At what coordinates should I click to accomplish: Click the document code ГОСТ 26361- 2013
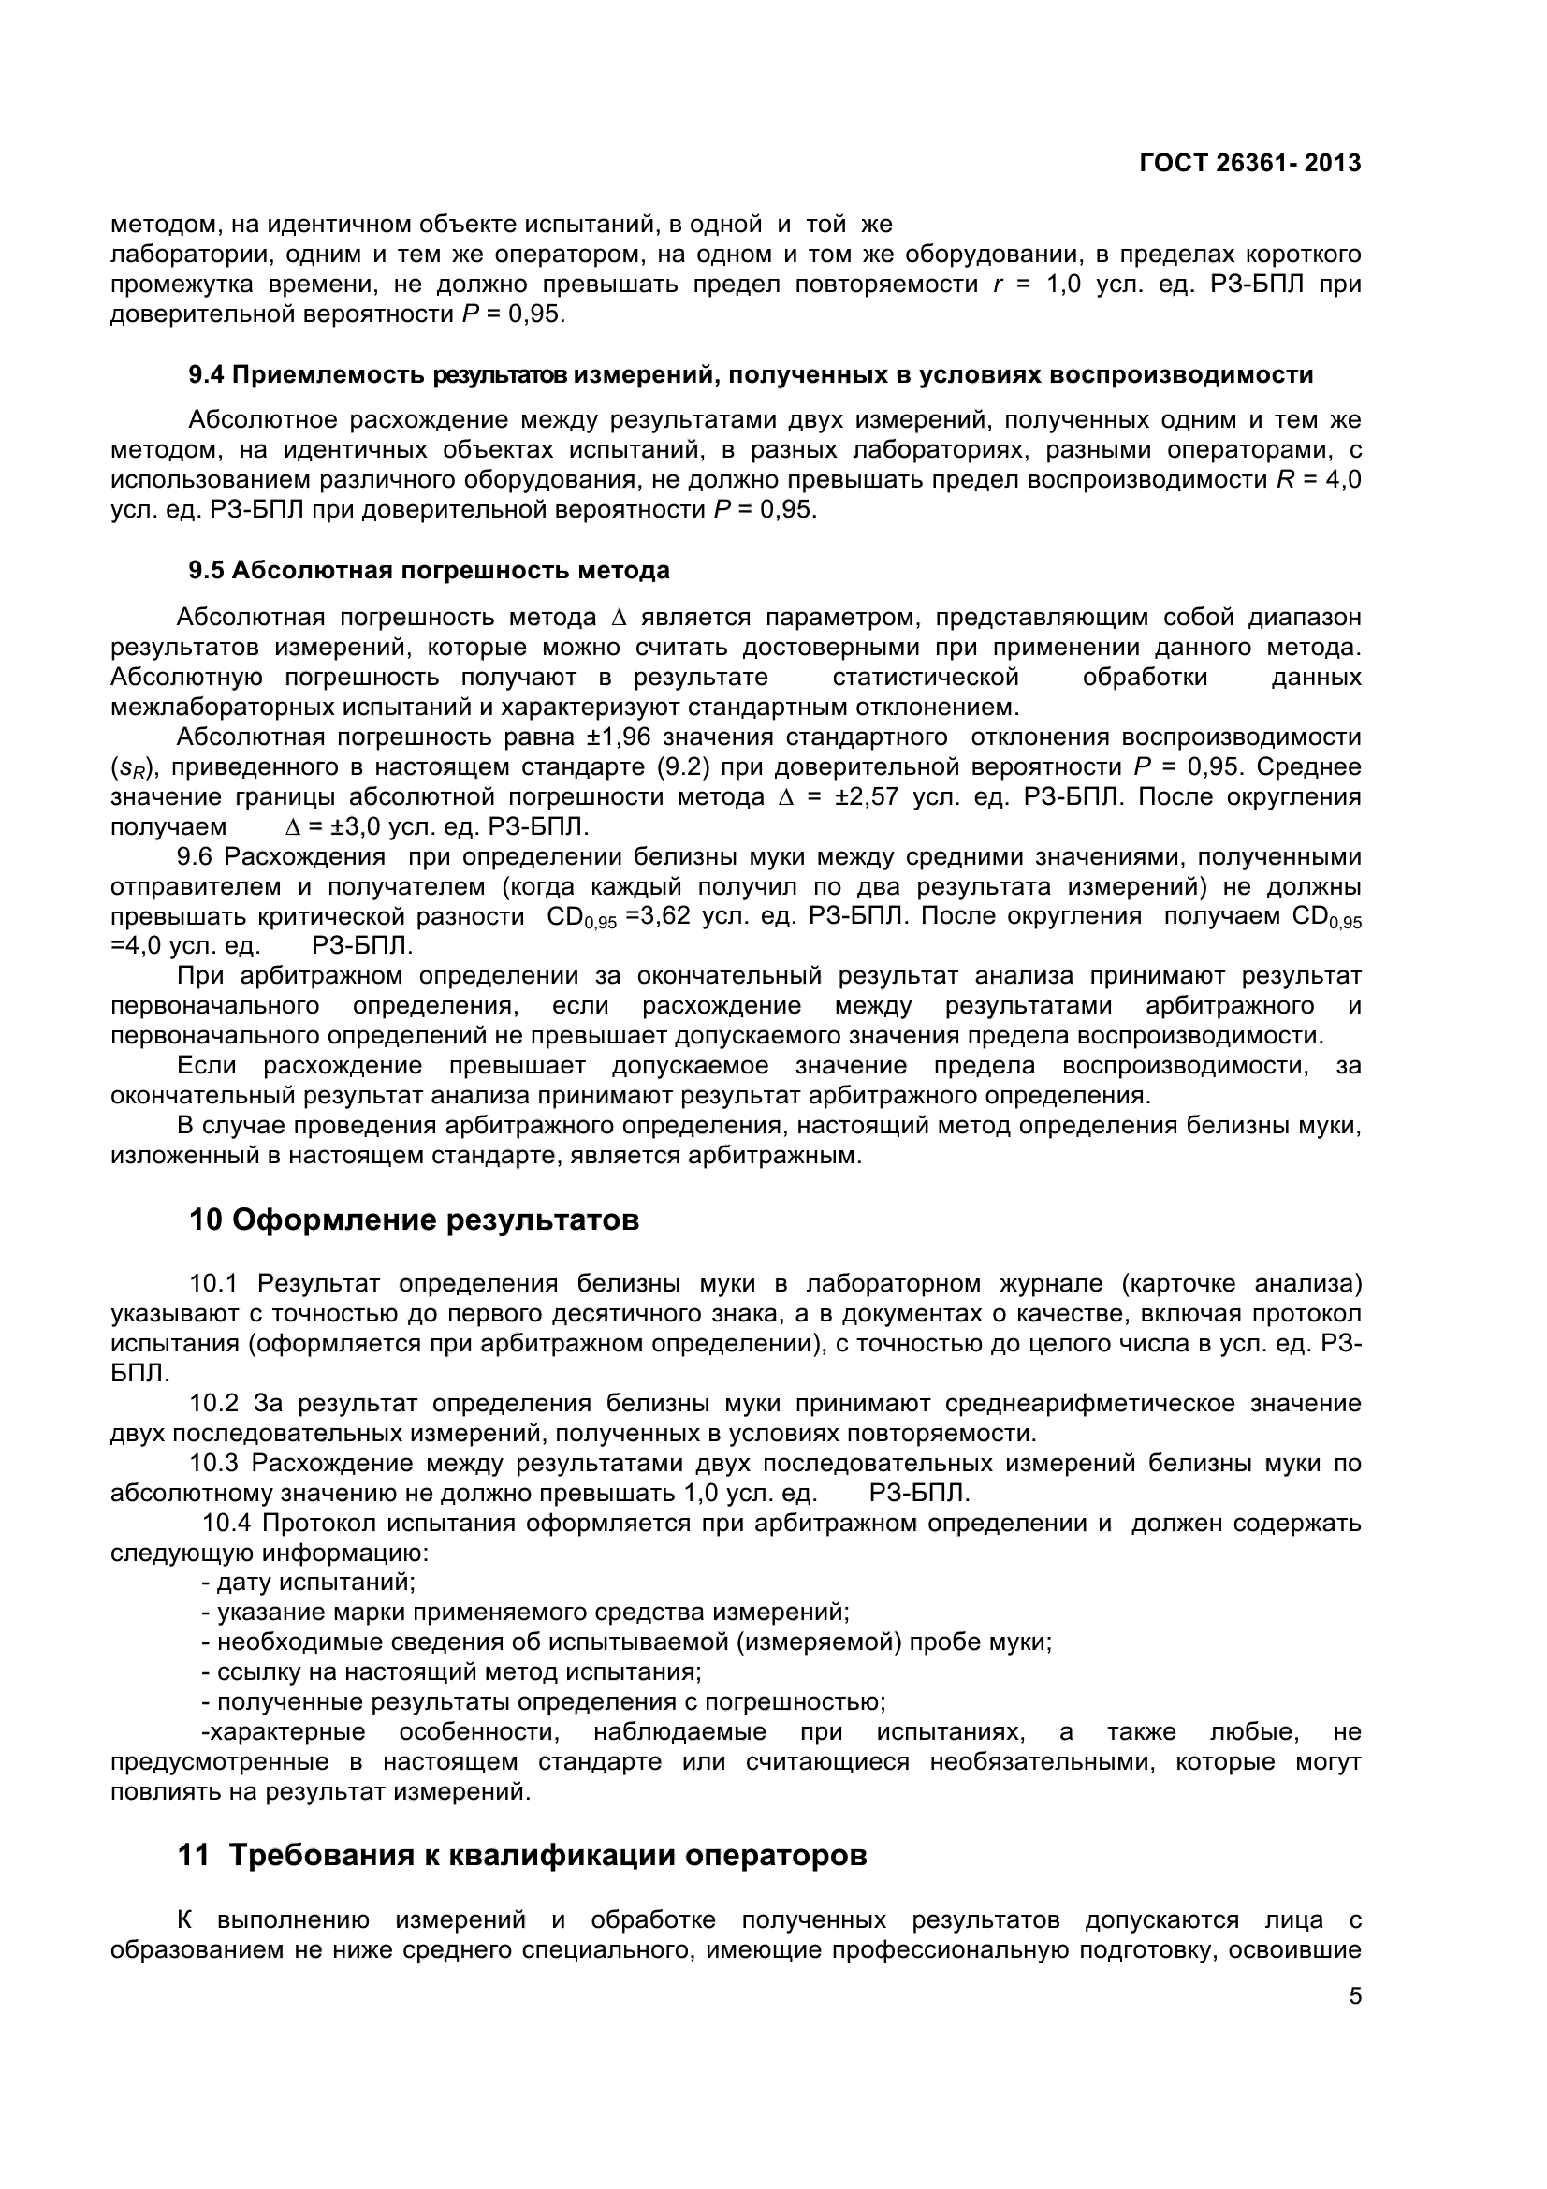(x=1249, y=163)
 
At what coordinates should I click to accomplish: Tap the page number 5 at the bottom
(x=1355, y=1996)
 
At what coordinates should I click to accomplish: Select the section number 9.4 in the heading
(x=206, y=374)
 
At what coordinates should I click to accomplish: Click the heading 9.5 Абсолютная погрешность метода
(x=429, y=570)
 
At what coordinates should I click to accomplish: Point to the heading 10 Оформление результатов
(x=414, y=1219)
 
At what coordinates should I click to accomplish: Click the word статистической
(x=926, y=677)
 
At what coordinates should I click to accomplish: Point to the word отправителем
(x=196, y=886)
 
